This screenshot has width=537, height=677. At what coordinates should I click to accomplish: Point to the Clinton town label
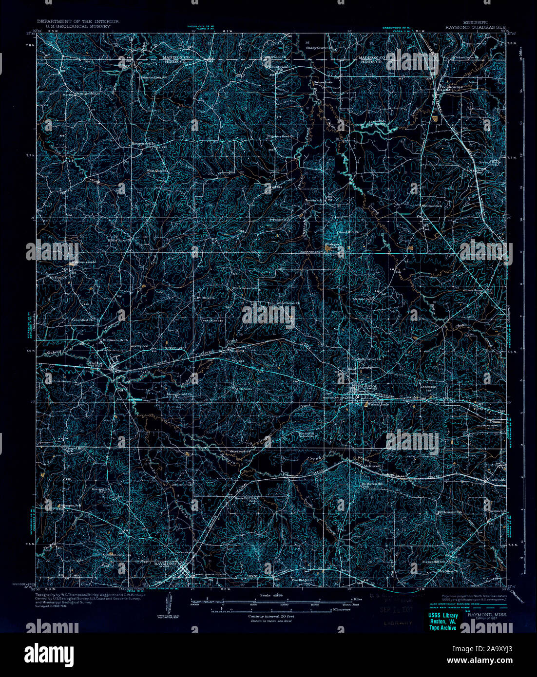(x=368, y=386)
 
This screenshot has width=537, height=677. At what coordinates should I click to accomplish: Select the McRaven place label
(x=371, y=465)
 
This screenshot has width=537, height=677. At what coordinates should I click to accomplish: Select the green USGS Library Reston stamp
(x=442, y=621)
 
